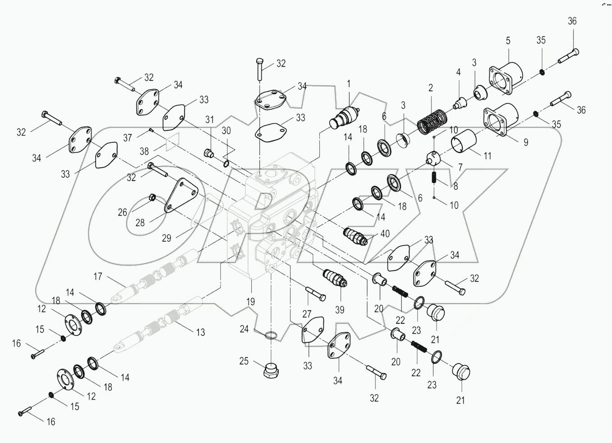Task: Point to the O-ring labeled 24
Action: pyautogui.click(x=270, y=336)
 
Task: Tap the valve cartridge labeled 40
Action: pyautogui.click(x=356, y=236)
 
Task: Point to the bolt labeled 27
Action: pyautogui.click(x=315, y=293)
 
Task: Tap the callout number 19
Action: pyautogui.click(x=250, y=301)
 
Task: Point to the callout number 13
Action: pyautogui.click(x=200, y=332)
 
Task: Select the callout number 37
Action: pyautogui.click(x=128, y=137)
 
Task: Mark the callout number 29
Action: pyautogui.click(x=166, y=238)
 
